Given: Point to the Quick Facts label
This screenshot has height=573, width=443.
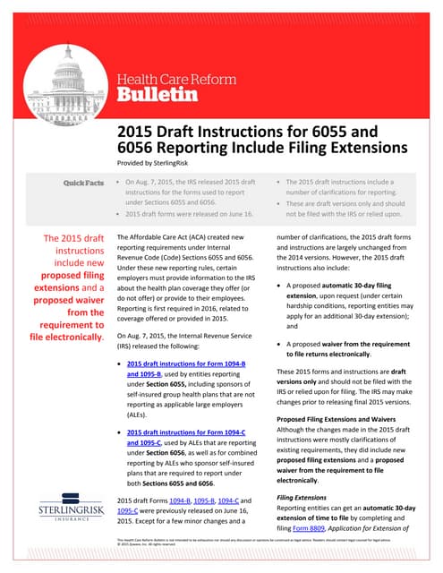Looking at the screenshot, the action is click(81, 184).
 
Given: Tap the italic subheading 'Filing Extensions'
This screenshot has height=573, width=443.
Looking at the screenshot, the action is click(303, 495).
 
